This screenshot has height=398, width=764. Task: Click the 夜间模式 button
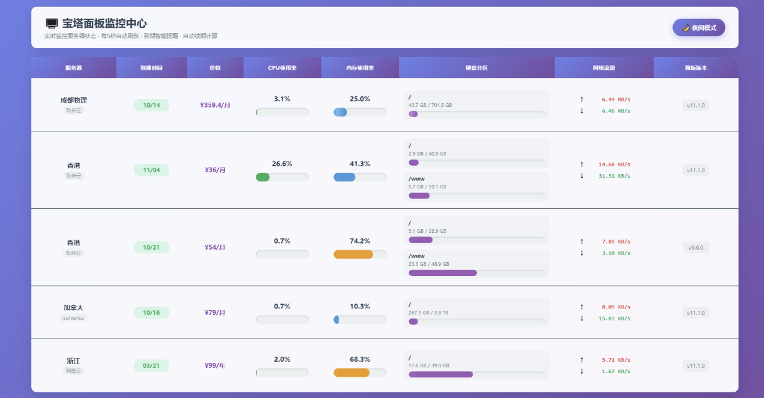(x=698, y=28)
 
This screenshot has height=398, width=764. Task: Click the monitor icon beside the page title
(x=51, y=24)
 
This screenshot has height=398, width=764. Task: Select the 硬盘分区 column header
(x=476, y=68)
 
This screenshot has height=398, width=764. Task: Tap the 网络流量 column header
(x=604, y=68)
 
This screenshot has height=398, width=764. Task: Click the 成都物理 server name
(x=73, y=100)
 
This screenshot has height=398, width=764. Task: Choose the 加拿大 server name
(x=73, y=307)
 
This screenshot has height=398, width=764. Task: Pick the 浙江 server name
(x=73, y=360)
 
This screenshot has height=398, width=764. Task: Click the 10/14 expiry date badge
(x=152, y=105)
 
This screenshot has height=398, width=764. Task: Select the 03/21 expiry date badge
(x=152, y=365)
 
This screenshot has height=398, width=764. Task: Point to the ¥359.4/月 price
(x=215, y=105)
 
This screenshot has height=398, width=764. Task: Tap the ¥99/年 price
(x=215, y=365)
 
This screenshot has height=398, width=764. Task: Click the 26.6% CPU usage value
(x=282, y=164)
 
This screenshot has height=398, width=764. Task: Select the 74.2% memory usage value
(x=360, y=241)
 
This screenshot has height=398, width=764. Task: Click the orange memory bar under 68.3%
(x=352, y=373)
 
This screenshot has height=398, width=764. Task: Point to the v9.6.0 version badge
(x=696, y=248)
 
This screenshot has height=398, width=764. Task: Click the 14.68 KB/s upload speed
(x=614, y=165)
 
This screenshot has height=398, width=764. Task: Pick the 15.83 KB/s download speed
(x=614, y=319)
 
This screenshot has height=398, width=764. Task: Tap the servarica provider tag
(x=73, y=318)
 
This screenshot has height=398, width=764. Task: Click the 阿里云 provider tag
(x=73, y=370)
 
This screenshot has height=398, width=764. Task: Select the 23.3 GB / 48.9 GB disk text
(x=429, y=264)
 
